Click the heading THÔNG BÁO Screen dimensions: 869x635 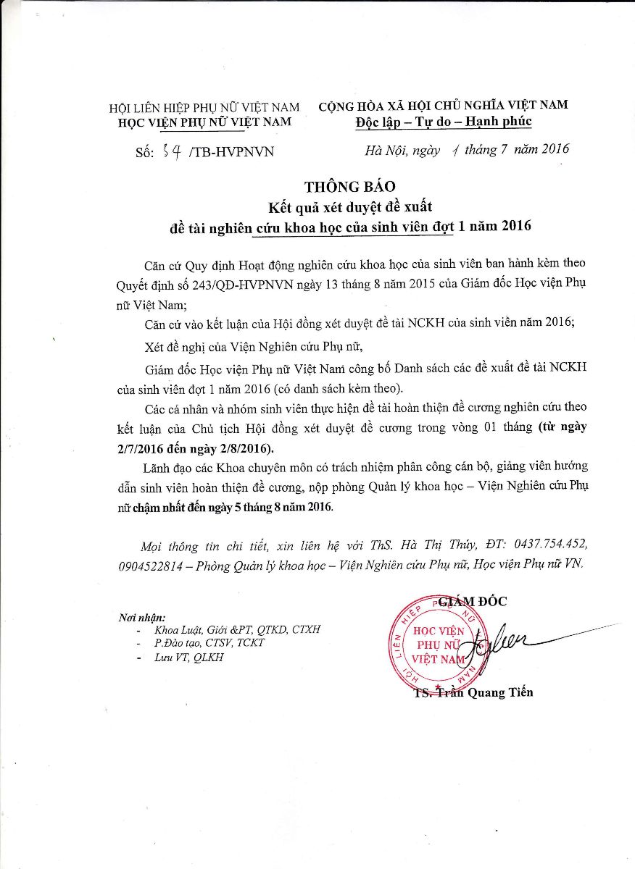coord(350,187)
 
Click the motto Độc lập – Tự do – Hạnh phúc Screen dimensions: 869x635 coord(444,122)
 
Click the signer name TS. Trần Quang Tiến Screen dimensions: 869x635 coord(474,692)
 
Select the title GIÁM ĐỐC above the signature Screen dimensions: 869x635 coord(479,601)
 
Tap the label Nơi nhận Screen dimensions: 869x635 coord(141,618)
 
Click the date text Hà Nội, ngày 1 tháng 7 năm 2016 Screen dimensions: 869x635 coord(467,150)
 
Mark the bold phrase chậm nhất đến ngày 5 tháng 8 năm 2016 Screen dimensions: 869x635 coord(233,508)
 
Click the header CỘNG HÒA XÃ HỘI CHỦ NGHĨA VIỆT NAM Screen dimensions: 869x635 coord(443,105)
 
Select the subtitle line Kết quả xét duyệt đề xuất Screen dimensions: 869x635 coord(350,206)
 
